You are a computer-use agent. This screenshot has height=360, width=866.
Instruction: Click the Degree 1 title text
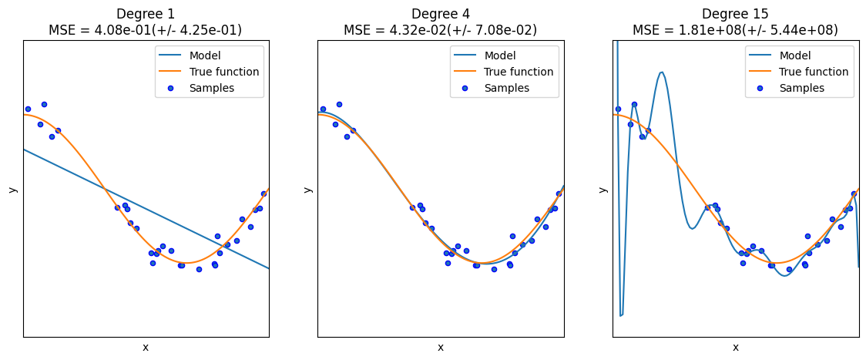pos(146,14)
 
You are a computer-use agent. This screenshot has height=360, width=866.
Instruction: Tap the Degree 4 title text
pos(440,14)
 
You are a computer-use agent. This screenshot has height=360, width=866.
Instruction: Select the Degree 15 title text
pos(735,14)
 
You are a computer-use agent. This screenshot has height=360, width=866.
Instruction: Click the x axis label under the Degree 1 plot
pos(146,348)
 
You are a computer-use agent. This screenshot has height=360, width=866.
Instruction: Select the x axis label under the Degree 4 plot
pos(440,348)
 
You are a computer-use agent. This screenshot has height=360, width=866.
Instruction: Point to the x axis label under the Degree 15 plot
pos(735,348)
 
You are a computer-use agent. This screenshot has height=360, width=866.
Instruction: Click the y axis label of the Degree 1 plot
pos(12,189)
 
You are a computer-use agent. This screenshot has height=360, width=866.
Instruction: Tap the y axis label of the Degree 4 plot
pos(307,189)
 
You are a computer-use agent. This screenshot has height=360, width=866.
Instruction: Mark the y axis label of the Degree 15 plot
pos(603,189)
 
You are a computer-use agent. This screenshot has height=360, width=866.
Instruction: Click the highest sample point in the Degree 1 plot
pos(44,104)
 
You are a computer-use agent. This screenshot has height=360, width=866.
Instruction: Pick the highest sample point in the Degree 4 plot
pos(339,104)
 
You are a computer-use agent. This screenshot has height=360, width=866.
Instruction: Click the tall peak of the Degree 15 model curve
pos(661,73)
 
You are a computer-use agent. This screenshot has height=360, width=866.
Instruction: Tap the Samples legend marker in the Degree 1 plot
pos(170,88)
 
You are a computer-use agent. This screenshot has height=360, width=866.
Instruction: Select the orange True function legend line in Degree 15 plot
pos(760,72)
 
